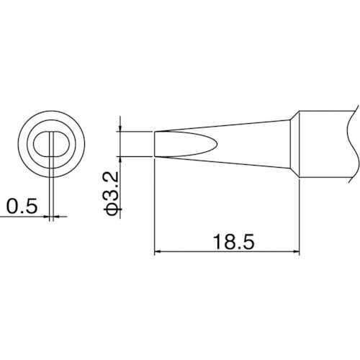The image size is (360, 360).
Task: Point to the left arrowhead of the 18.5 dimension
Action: point(159,251)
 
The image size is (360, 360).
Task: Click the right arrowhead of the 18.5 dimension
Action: point(296,251)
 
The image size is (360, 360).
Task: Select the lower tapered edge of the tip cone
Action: point(230,161)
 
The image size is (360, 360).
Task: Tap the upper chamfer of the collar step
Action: point(296,113)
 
